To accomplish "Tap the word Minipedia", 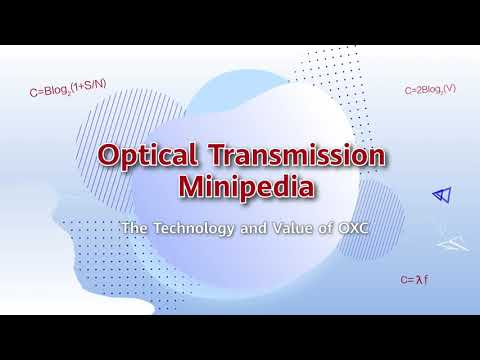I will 238,187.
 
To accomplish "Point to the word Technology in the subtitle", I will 185,228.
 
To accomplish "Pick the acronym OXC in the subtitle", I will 338,228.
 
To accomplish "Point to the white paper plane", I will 456,240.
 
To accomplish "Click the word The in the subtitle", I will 133,228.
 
